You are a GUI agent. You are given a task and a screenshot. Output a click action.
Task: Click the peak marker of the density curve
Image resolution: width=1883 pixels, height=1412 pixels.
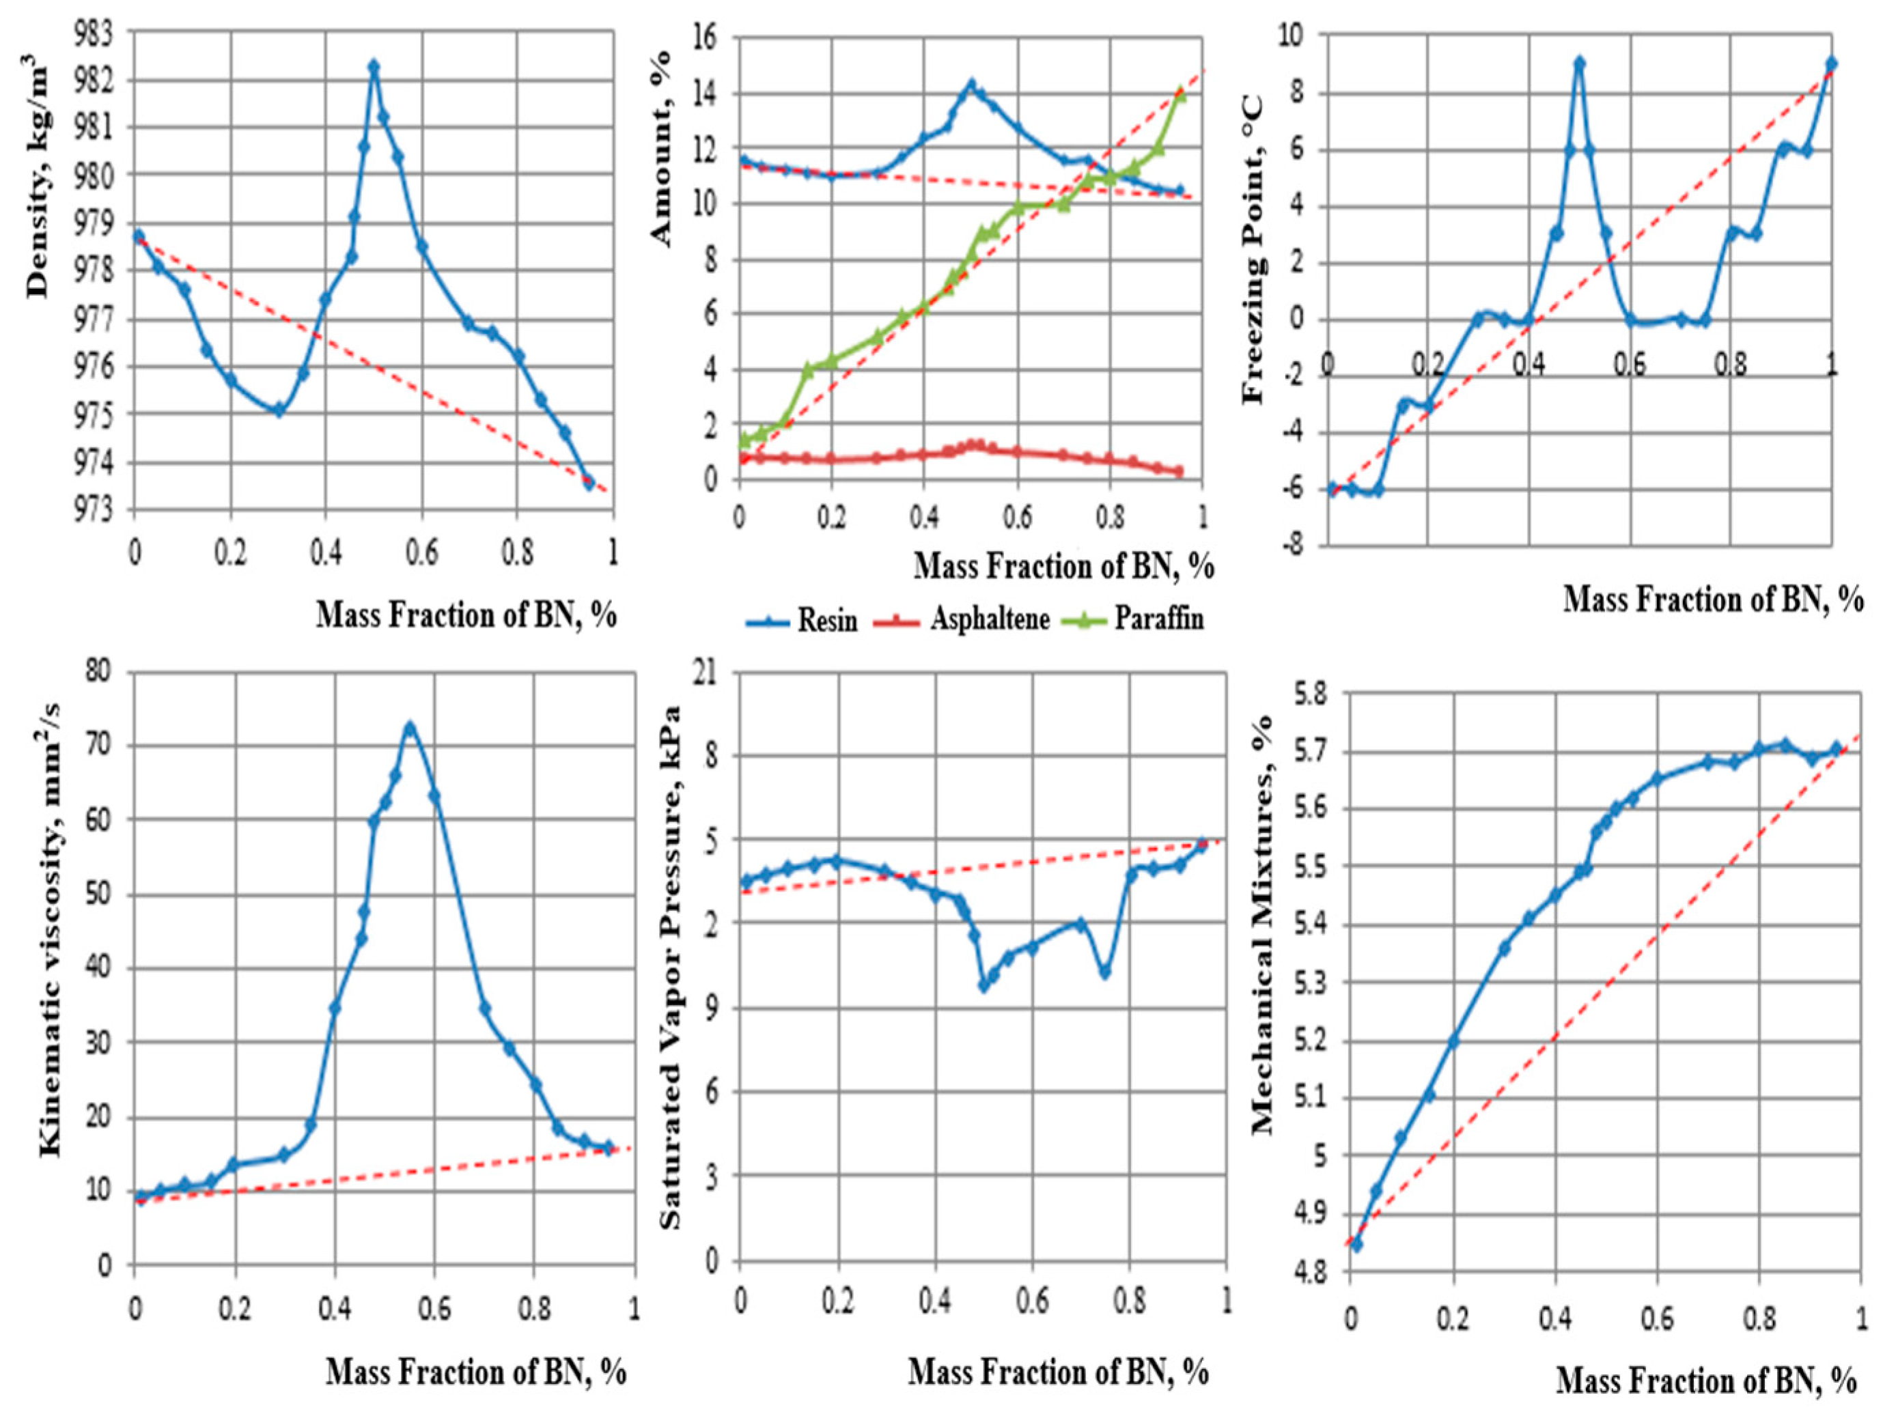[x=373, y=66]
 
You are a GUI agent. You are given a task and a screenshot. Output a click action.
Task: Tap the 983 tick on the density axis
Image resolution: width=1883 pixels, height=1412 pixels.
[x=107, y=34]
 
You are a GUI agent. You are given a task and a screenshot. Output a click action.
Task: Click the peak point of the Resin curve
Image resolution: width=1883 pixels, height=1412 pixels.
[x=971, y=84]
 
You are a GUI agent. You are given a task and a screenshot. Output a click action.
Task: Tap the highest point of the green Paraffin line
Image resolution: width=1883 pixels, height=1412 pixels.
[x=1180, y=93]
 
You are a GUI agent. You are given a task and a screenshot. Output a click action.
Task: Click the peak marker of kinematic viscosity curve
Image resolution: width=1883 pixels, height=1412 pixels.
[x=410, y=729]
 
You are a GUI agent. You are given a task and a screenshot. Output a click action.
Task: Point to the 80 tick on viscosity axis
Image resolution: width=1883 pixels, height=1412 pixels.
[x=99, y=673]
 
